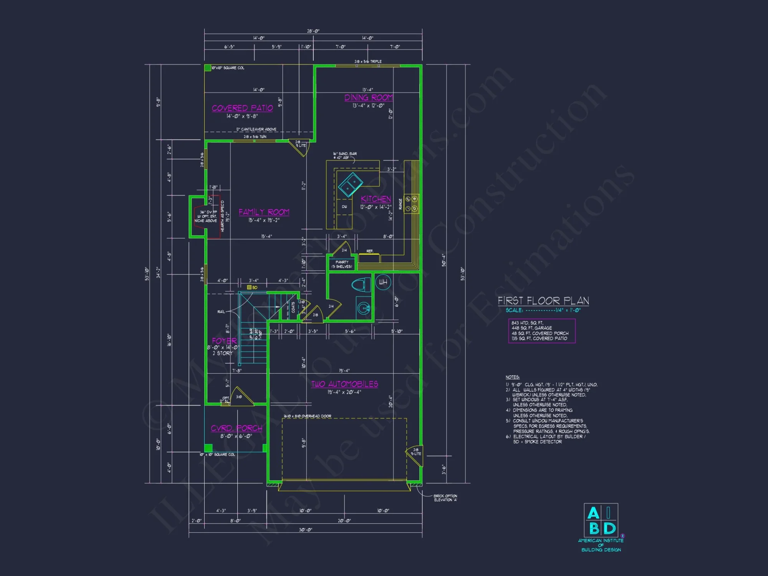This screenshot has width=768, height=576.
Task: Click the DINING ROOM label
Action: coord(368,98)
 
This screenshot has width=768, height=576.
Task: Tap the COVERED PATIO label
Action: coord(242,108)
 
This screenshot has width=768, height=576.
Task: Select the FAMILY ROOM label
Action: coord(264,212)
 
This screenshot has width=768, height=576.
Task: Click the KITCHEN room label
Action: coord(376,199)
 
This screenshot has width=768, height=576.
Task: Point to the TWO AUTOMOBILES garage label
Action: coord(344,384)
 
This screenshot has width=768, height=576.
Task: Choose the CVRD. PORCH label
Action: coord(237,428)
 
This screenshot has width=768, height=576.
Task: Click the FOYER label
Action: coord(224,341)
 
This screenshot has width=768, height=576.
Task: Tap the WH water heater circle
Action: coord(383,282)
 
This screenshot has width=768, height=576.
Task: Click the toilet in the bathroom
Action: coord(360,285)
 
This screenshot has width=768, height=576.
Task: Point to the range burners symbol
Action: coord(411,204)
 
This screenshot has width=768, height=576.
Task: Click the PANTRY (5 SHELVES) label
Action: coord(342,264)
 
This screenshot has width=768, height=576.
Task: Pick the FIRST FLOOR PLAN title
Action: coord(543,301)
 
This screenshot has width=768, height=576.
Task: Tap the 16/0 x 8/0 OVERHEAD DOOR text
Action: coord(307,416)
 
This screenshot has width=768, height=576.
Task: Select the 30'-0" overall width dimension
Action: coord(305,530)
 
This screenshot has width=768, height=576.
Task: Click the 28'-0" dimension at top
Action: coord(313,31)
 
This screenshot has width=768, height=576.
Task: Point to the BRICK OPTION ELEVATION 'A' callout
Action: coord(445,498)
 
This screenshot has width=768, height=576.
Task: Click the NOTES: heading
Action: coord(513,377)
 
